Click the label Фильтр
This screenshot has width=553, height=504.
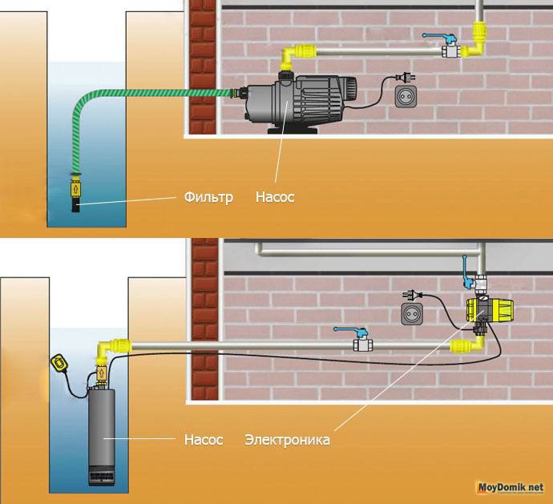tap(207, 196)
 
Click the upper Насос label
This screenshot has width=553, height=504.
tap(275, 196)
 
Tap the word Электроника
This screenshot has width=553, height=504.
tap(287, 440)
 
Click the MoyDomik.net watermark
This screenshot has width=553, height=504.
tap(511, 487)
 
